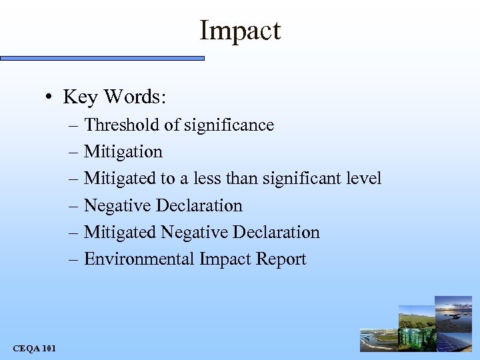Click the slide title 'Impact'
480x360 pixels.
240,31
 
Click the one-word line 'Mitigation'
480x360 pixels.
123,152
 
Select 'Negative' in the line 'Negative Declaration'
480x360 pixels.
117,206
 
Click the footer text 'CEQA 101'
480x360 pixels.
35,348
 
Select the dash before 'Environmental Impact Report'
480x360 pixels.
73,259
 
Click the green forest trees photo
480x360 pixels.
417,339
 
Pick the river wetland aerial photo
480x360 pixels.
378,340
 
